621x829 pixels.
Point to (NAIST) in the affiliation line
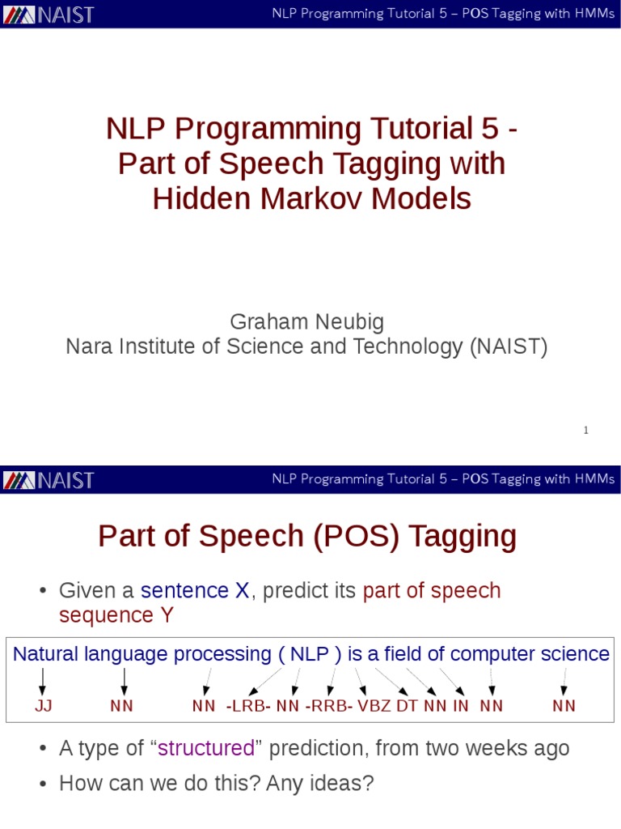point(508,347)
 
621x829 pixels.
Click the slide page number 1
point(585,431)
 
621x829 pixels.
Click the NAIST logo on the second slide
point(49,480)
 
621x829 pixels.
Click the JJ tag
point(43,706)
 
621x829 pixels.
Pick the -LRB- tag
point(248,706)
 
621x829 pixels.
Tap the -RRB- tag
point(329,706)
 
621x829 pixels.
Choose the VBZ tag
point(374,706)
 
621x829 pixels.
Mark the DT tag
point(407,706)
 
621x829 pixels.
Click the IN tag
point(460,706)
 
